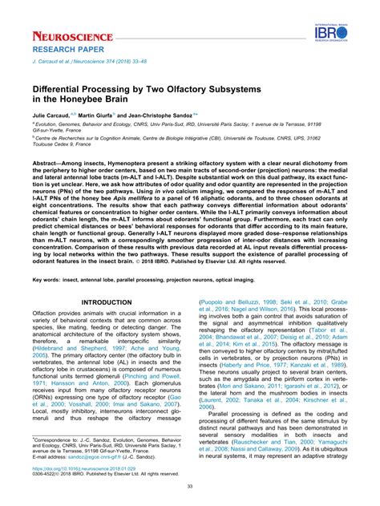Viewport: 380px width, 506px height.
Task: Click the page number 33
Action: (x=189, y=485)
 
